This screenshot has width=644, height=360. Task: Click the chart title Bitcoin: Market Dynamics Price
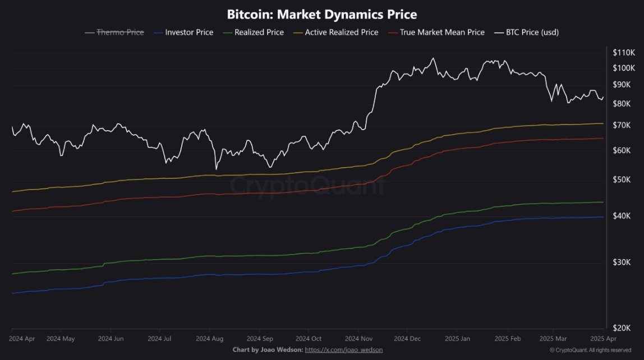point(321,14)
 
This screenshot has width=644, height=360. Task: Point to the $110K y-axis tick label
point(623,52)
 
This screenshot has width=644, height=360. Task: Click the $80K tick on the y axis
point(622,104)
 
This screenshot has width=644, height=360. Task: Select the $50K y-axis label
point(622,179)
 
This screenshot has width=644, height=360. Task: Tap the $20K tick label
point(622,327)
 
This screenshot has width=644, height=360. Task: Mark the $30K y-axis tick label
point(622,262)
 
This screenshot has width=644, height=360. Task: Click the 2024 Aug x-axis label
point(210,339)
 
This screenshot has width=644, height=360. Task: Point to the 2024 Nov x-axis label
point(359,339)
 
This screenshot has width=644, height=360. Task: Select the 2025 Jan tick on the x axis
point(457,339)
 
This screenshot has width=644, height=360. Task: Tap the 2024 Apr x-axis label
point(22,339)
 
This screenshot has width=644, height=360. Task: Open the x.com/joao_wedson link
point(344,350)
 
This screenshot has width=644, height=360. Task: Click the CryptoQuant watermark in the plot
point(309,184)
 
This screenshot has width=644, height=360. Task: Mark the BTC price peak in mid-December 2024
point(433,58)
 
